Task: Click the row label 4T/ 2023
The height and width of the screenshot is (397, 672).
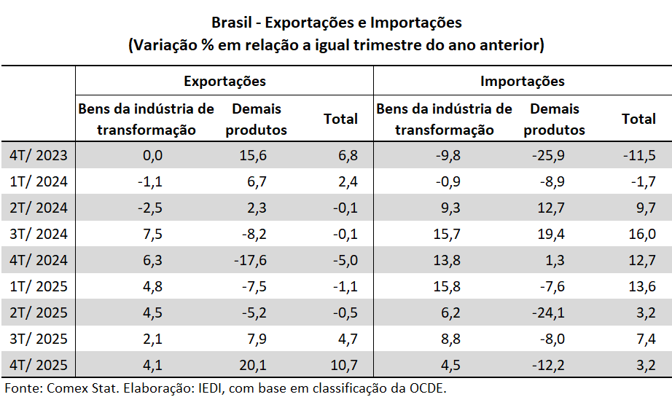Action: point(39,155)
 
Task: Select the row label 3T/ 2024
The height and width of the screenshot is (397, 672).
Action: point(39,234)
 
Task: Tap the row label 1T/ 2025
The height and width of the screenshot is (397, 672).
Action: point(39,286)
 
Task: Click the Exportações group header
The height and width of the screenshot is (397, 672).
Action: point(224,81)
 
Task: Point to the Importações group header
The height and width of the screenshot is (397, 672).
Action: point(523,81)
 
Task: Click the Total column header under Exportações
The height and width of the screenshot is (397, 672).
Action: point(340,118)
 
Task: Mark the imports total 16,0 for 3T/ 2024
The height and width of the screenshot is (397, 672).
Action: point(641,234)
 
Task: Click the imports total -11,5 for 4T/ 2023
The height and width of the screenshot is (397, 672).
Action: point(638,155)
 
